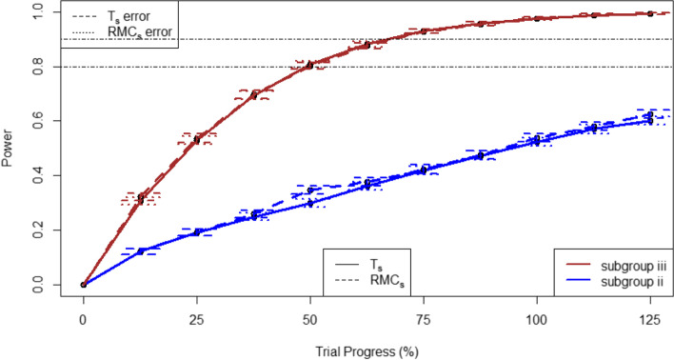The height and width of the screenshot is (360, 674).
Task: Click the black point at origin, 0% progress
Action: [84, 284]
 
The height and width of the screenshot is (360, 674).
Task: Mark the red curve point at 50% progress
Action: [310, 65]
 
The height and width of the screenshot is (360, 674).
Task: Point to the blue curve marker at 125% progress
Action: [650, 118]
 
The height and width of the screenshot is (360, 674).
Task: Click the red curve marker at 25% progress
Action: [197, 139]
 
